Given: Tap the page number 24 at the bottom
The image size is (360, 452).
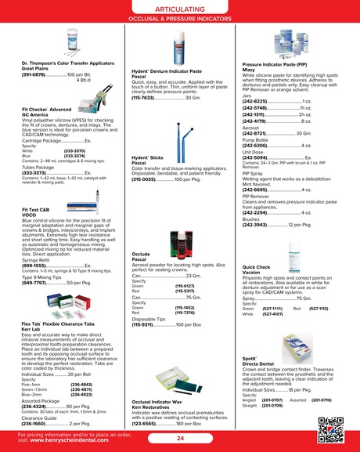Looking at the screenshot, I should click(180, 438).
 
